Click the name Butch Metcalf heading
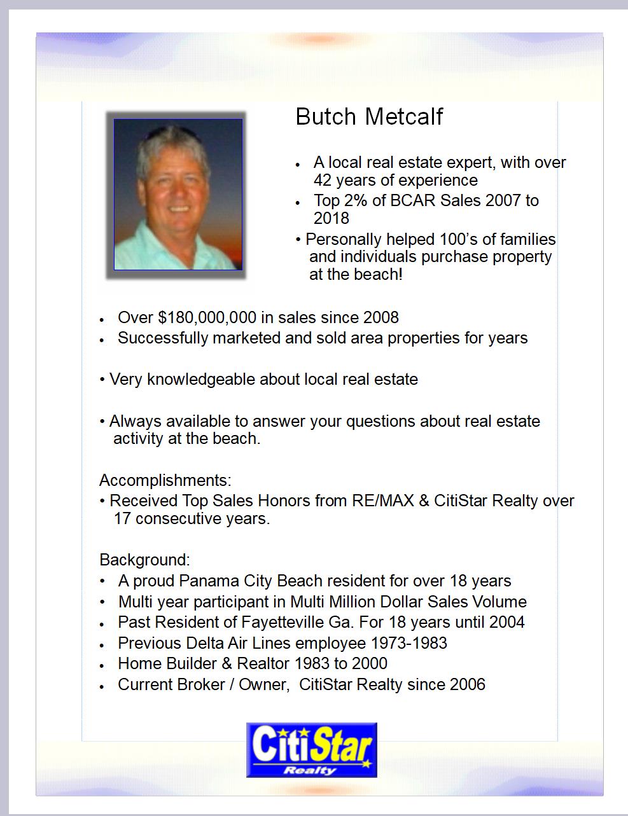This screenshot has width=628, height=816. [369, 117]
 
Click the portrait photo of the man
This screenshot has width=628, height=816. [178, 194]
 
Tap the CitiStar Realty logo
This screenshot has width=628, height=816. [312, 750]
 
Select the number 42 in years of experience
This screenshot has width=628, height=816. [324, 181]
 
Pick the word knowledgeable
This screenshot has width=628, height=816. [200, 380]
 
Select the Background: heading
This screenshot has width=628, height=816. [144, 560]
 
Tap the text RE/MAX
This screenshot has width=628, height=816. [382, 501]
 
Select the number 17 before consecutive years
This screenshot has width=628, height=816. [122, 519]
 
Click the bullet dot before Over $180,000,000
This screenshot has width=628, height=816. [102, 319]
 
